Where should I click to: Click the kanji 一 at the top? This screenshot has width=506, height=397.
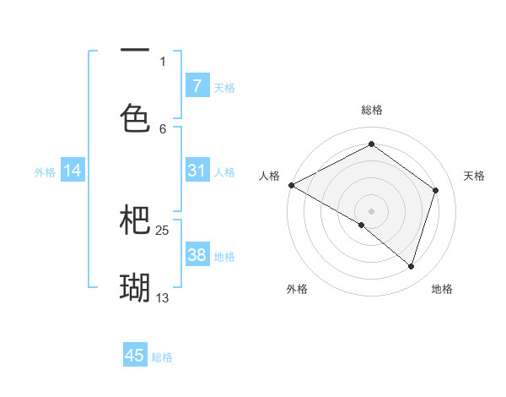[x=135, y=52]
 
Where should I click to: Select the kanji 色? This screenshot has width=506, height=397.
[x=135, y=117]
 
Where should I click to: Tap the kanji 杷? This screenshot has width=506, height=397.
[x=135, y=220]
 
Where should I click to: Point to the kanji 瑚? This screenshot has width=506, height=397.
[x=135, y=287]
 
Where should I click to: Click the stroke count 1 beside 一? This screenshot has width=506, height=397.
[x=163, y=61]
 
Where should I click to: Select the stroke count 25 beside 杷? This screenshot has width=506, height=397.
[x=163, y=230]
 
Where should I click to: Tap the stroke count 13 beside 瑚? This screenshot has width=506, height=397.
[x=163, y=297]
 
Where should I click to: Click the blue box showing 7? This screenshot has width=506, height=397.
[x=196, y=86]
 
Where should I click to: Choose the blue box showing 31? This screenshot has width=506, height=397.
[x=196, y=171]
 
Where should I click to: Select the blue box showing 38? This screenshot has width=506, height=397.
[x=196, y=255]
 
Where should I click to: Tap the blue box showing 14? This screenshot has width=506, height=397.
[x=73, y=171]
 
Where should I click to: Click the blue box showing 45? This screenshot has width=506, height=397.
[x=135, y=356]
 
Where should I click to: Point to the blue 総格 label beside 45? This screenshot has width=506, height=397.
[x=162, y=357]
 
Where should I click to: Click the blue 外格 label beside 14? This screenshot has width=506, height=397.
[x=45, y=172]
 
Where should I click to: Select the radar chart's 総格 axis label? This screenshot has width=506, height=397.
[x=371, y=110]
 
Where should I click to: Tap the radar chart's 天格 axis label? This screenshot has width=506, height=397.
[x=475, y=176]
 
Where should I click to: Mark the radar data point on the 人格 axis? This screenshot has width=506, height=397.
[x=291, y=185]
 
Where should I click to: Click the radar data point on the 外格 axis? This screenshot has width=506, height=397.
[x=362, y=225]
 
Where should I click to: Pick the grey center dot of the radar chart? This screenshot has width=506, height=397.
[x=371, y=210]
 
